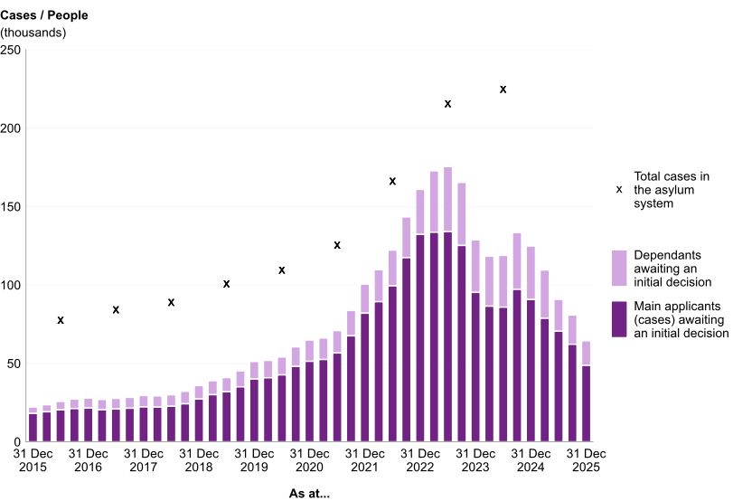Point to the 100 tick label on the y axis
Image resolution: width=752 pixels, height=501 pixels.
[10, 285]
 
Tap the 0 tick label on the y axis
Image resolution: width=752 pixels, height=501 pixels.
[17, 441]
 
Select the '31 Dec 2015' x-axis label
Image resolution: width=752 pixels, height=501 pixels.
[33, 460]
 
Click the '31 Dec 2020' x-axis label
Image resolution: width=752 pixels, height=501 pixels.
[309, 460]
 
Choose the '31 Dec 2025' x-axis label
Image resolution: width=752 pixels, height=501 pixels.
[586, 460]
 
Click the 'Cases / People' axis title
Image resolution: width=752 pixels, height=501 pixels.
[44, 15]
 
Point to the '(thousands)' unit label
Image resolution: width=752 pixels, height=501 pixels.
[33, 33]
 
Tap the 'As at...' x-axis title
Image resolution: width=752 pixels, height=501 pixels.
[309, 494]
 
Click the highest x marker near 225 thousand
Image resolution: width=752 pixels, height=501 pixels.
[503, 90]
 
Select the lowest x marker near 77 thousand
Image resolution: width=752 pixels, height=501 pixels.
[61, 320]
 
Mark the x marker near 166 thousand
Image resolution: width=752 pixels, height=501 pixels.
[392, 181]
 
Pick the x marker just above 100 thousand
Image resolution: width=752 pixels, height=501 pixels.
[227, 284]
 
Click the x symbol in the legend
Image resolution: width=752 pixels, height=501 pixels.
[619, 189]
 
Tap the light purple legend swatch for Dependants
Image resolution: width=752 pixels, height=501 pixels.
[619, 268]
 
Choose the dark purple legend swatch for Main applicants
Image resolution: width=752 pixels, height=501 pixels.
[619, 319]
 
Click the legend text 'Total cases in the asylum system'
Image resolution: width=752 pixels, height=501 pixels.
[672, 190]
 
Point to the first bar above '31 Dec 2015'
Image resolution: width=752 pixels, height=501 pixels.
[33, 425]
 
